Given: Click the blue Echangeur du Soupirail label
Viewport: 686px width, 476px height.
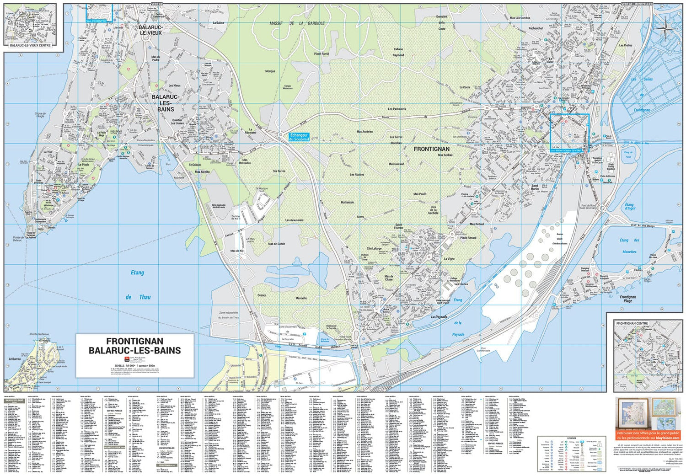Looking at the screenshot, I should pos(300,137).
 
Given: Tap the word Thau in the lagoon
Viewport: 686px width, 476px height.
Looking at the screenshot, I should pos(145,297).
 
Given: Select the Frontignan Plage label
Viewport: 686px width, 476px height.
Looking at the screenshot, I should pos(628,299).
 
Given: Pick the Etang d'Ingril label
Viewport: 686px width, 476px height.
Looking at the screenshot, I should pos(630,206).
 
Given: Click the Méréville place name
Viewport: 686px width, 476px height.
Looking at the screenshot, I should pos(301,298).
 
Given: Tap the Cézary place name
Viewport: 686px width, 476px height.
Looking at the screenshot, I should pos(262,295).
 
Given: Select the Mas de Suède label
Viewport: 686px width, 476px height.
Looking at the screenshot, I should pos(277,244).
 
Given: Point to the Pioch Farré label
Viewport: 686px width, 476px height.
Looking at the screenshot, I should pos(322,53).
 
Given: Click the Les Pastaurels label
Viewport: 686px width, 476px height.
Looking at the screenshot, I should pos(397,109).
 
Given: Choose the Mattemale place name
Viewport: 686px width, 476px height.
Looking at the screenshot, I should pos(347,202).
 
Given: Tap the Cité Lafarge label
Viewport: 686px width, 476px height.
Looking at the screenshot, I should pos(374,248).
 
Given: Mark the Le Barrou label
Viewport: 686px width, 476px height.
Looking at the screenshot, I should pos(14,359).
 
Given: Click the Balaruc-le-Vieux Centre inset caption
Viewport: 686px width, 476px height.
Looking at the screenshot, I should pos(30,45).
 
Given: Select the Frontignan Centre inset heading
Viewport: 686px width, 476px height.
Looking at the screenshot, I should pos(632,323).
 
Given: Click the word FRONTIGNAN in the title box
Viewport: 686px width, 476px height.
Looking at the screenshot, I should pos(134,341).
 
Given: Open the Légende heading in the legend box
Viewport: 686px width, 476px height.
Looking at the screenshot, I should pos(572,438).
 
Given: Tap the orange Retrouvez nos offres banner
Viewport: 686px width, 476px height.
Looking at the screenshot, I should pos(648,435).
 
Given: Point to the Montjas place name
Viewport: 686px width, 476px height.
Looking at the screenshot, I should pos(270,71).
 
